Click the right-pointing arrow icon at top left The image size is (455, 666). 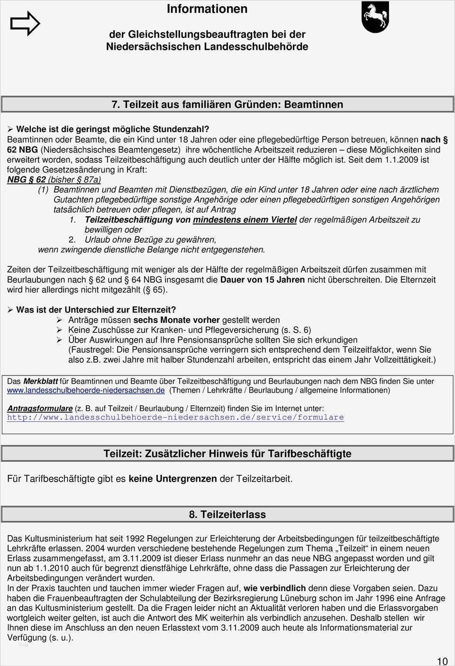tap(25, 23)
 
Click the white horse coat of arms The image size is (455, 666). tap(375, 17)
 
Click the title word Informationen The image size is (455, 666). tap(207, 9)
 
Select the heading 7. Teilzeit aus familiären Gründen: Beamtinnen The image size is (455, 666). tap(227, 104)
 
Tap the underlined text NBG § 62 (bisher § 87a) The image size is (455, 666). tap(54, 180)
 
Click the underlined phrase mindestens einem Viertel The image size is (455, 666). tap(245, 219)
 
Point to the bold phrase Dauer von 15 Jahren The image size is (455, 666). tap(263, 280)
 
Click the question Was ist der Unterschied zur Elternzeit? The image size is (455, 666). tap(96, 310)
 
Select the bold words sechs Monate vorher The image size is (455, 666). tap(176, 320)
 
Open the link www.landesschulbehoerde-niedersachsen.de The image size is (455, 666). tap(86, 390)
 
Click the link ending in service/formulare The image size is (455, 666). tap(175, 417)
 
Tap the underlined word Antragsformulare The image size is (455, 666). tap(40, 408)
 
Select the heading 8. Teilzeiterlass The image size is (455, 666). tap(227, 514)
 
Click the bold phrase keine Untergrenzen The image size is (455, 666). tap(173, 479)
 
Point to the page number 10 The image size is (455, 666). tap(442, 661)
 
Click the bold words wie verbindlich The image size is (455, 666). tap(274, 588)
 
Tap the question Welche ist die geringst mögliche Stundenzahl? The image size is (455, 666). tap(112, 129)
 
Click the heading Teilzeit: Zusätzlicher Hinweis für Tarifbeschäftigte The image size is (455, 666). tap(227, 454)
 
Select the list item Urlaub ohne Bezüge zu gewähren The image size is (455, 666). tap(150, 239)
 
